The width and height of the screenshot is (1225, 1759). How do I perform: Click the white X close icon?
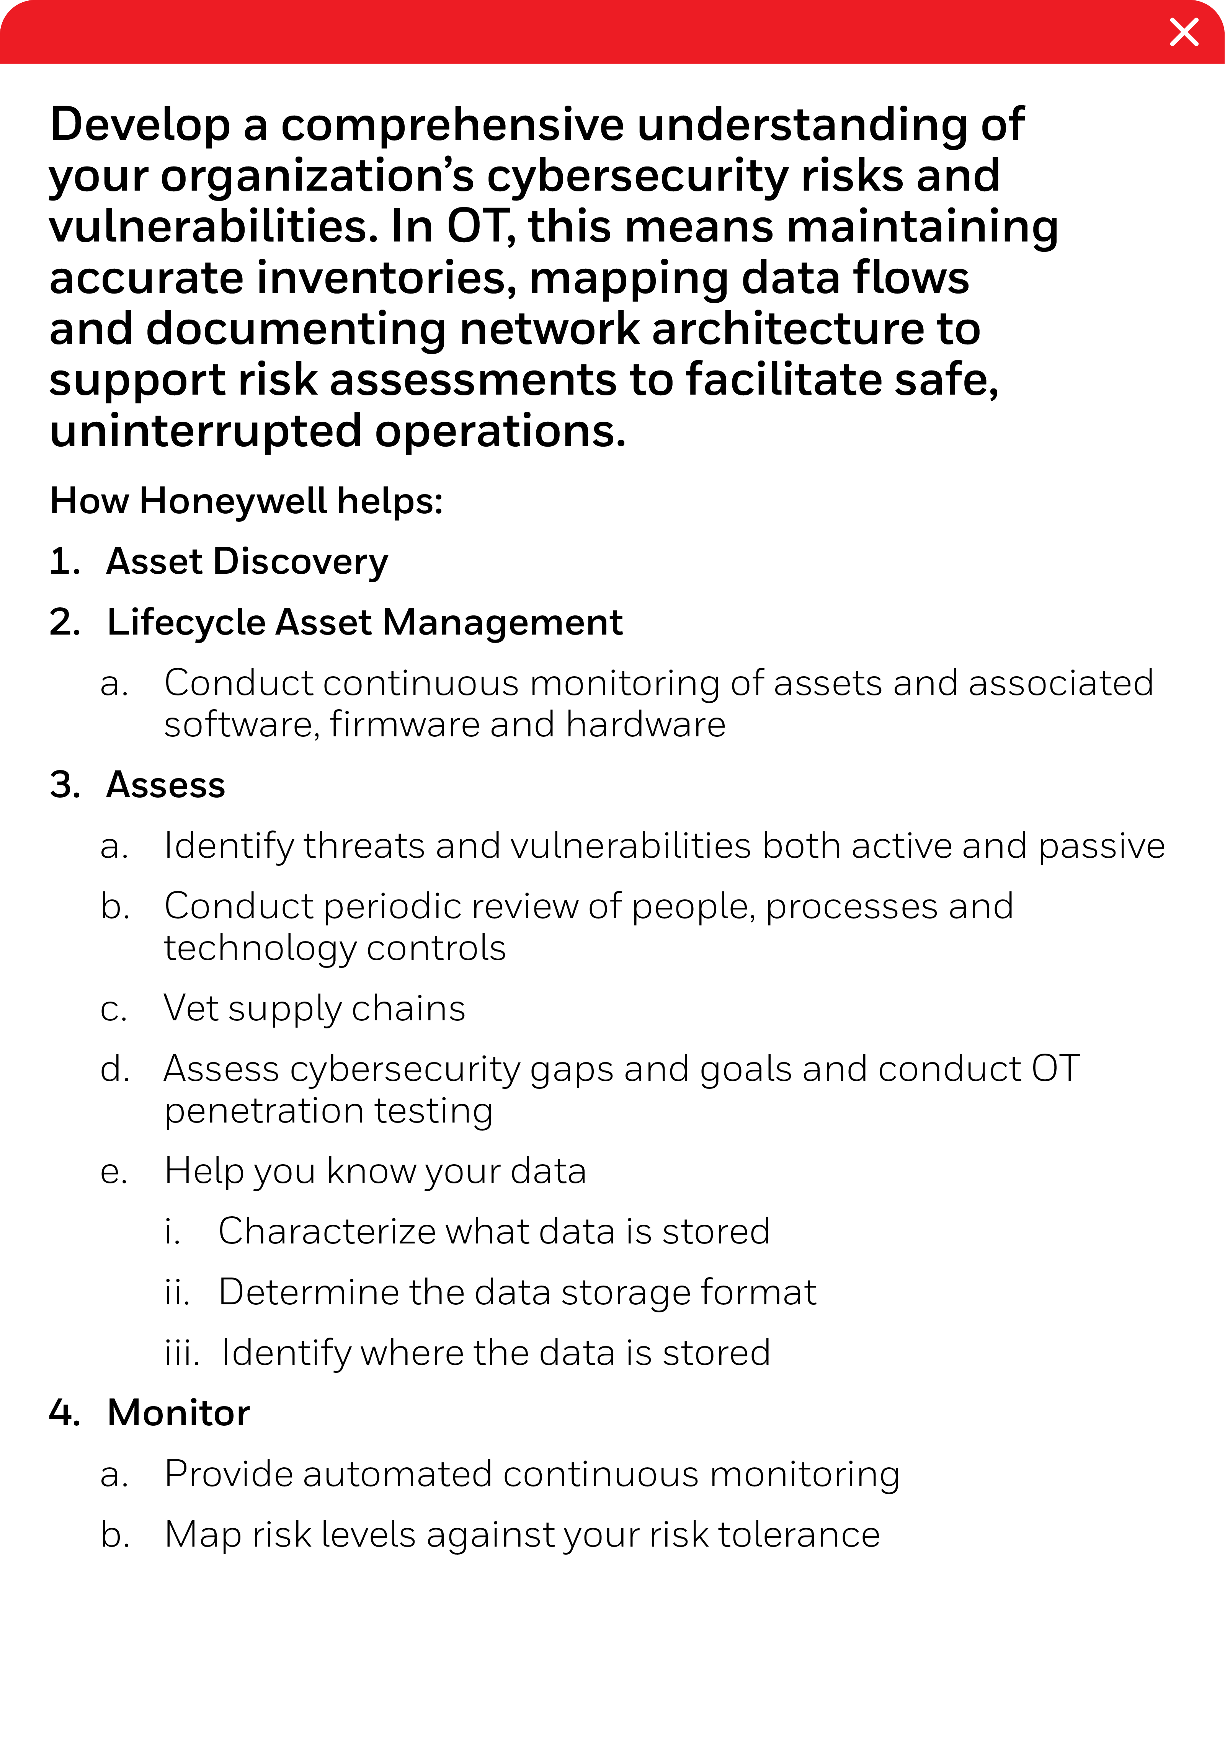pos(1184,32)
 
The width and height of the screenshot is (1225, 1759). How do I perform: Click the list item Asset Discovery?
pos(247,561)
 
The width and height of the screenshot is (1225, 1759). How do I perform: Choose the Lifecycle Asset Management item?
pos(365,622)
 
